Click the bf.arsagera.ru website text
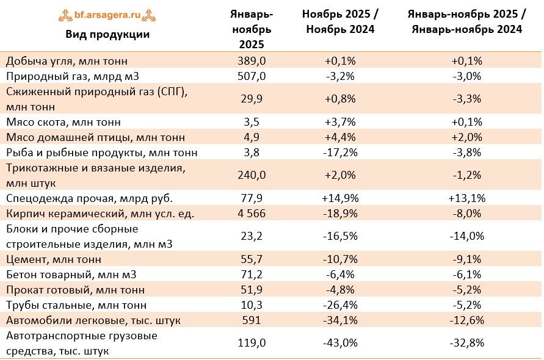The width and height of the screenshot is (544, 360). coord(107,15)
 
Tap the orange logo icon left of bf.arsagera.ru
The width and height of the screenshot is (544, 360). coord(65,15)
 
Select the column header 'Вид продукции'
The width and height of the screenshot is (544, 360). coord(107,34)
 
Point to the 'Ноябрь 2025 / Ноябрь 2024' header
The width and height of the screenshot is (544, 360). coord(340,21)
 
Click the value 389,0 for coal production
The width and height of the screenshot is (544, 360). coord(252,61)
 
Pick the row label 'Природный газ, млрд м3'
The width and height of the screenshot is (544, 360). coord(73,76)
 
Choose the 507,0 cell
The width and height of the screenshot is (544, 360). coord(252,76)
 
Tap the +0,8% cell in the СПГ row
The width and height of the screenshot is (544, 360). coord(340,99)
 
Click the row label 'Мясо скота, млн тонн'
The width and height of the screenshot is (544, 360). coord(63,122)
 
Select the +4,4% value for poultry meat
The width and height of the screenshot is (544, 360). coord(340,137)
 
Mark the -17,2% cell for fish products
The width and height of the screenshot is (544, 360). coord(340,153)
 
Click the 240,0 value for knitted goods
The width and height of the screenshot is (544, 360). coord(252,175)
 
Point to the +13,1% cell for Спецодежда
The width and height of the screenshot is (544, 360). coord(467,198)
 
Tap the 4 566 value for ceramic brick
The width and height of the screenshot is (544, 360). coord(252,214)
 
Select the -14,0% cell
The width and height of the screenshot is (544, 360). coord(467,236)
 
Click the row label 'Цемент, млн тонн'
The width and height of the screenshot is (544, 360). coord(54,259)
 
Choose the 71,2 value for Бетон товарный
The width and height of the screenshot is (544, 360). coord(252,275)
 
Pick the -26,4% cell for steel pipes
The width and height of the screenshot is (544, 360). coord(340,305)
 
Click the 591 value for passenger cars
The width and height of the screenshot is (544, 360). coord(252,320)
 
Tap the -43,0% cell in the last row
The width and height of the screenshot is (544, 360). coord(340,343)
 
